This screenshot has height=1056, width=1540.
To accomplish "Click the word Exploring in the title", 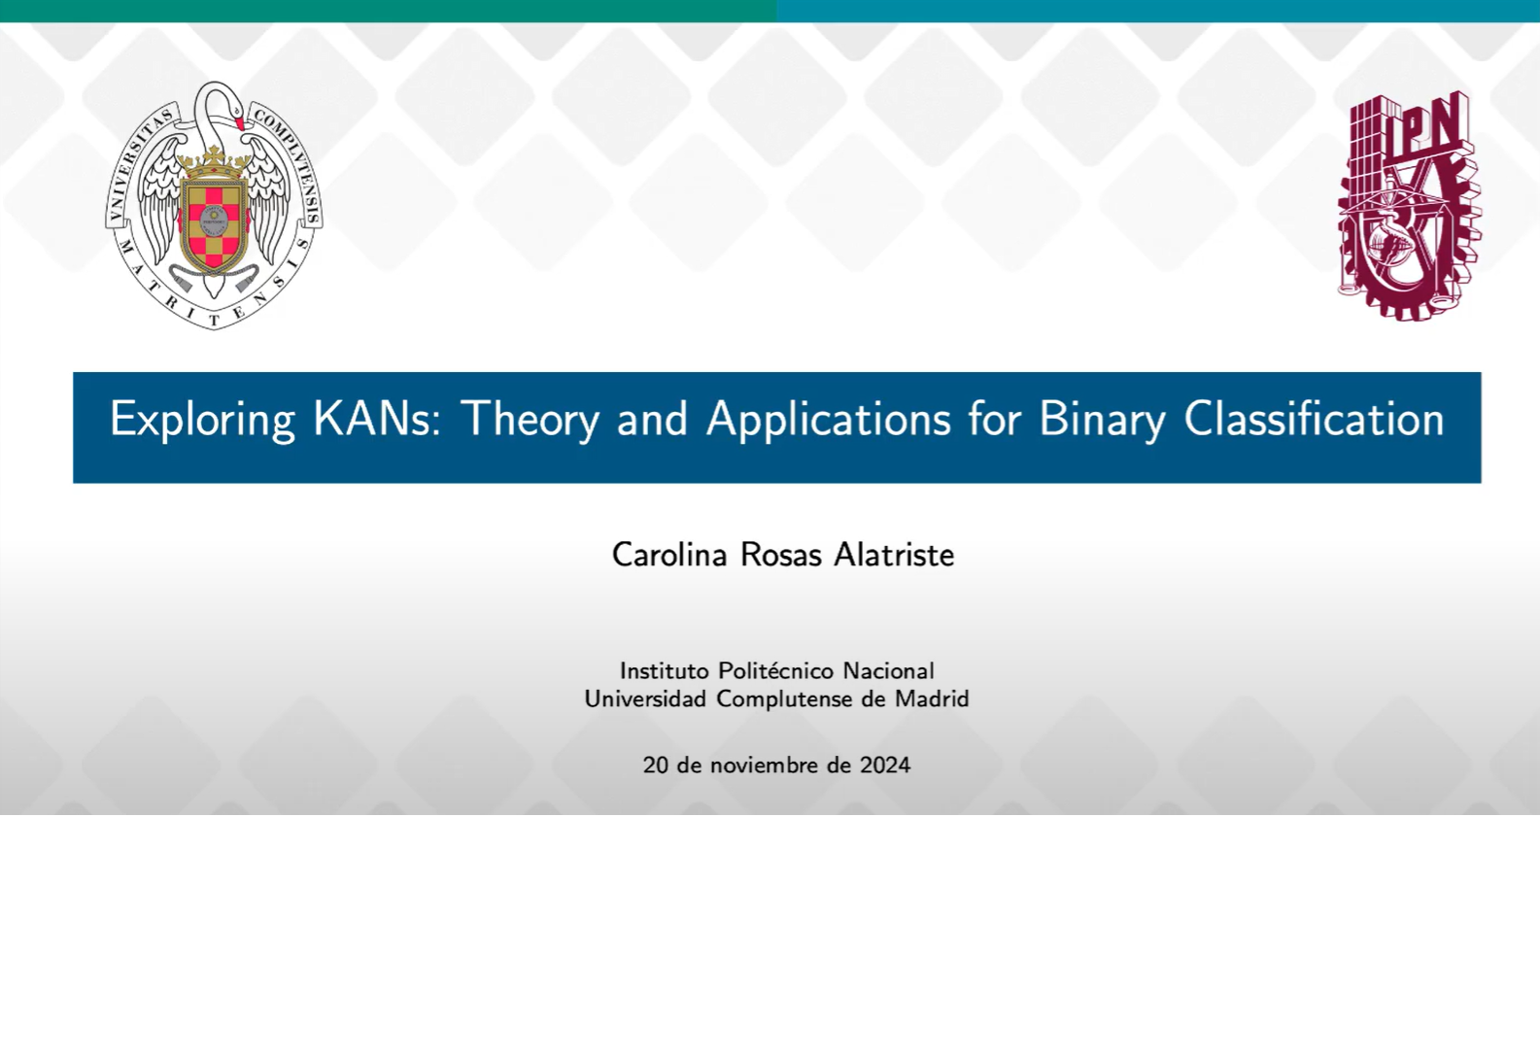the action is [x=202, y=420].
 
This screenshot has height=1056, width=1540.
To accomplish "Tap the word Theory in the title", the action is [x=530, y=420].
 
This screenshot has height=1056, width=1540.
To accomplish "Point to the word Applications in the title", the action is [x=829, y=420].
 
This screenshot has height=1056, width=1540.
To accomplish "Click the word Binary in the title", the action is [x=1102, y=420].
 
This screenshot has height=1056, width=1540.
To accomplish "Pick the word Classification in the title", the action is [x=1314, y=418].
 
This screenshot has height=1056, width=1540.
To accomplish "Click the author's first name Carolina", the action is [x=668, y=555].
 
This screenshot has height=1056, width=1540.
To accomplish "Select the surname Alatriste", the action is [x=894, y=555].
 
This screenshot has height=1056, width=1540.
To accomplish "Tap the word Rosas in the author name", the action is [x=780, y=555].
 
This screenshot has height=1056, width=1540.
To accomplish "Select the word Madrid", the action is [x=932, y=698].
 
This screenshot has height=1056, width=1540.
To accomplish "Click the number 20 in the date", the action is [x=655, y=766].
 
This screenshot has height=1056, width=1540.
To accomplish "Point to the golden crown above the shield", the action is [x=213, y=163].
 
